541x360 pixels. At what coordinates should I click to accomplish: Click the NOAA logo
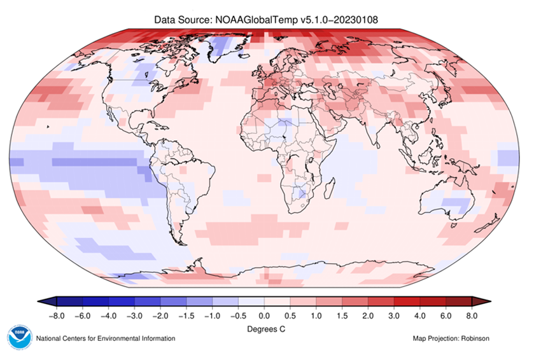coord(19,338)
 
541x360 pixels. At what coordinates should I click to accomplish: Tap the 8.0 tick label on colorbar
coord(471,315)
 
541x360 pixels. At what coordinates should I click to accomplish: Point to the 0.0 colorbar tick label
coord(263,315)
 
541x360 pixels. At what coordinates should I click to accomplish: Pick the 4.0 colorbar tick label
coord(419,315)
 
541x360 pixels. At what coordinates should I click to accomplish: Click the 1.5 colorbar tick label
coord(341,315)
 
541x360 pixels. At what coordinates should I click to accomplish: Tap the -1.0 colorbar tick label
coord(211,315)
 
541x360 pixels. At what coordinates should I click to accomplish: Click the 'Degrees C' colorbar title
coord(263,329)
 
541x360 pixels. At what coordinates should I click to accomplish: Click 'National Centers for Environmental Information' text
coord(106,338)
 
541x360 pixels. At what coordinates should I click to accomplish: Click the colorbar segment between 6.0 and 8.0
coord(458,301)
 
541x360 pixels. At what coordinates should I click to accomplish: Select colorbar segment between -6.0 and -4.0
coord(95,301)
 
